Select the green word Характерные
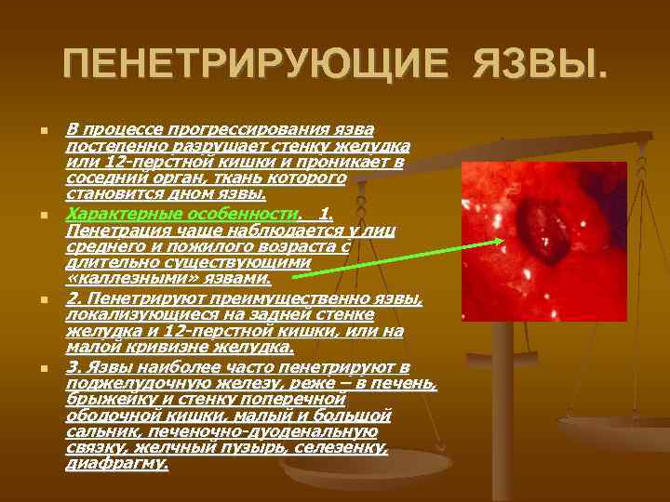point(117,214)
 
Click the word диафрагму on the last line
point(116,462)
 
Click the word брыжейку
point(103,399)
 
